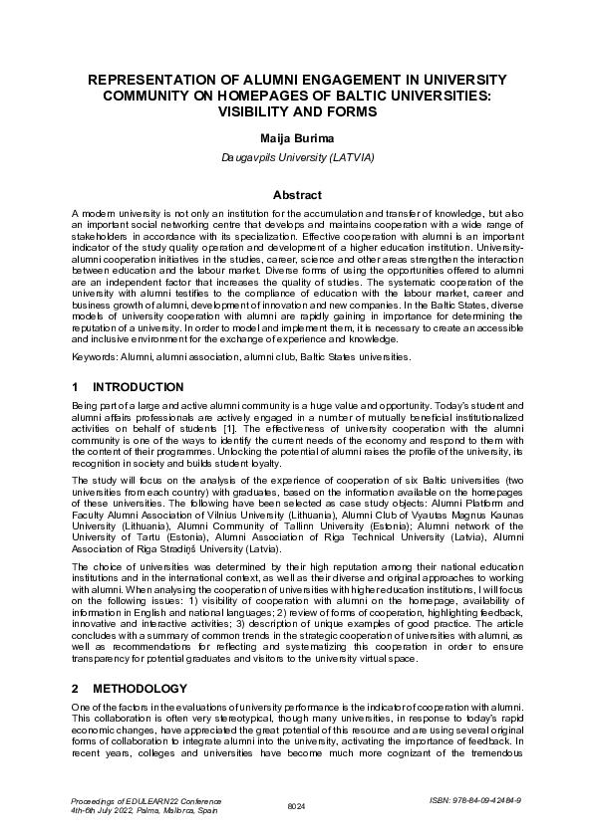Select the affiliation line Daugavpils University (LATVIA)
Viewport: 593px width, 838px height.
(x=296, y=157)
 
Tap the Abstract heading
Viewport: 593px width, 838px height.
(x=296, y=195)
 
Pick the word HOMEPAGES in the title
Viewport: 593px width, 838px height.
(x=309, y=96)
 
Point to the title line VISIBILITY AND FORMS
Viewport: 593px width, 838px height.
(x=296, y=112)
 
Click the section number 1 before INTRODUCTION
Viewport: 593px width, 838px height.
(x=76, y=386)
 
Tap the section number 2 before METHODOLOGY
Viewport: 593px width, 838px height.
(x=76, y=689)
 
